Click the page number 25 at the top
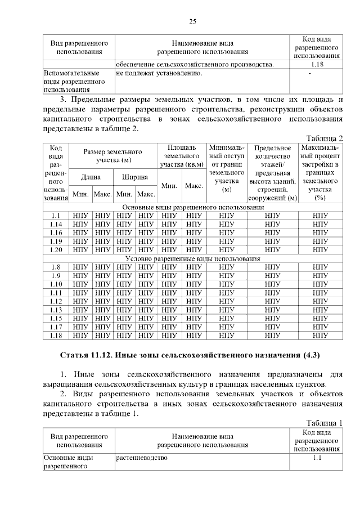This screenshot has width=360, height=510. tap(192, 22)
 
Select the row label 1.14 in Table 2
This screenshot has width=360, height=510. tap(55, 224)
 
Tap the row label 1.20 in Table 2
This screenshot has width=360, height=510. tap(55, 249)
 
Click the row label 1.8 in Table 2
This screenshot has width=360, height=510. tap(55, 267)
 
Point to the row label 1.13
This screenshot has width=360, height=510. tap(55, 310)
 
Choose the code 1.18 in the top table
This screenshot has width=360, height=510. tap(316, 65)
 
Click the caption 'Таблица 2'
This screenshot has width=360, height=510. tap(324, 138)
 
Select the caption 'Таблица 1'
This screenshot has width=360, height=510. tap(324, 423)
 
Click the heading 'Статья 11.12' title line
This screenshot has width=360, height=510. tap(190, 355)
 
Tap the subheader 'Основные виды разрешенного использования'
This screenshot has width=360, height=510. tap(193, 207)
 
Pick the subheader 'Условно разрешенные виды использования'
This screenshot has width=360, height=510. tap(193, 258)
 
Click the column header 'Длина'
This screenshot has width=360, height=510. tap(91, 177)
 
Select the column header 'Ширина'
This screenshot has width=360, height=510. tap(135, 177)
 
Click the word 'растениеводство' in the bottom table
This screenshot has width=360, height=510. tap(142, 458)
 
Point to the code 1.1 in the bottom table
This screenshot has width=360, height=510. tap(316, 458)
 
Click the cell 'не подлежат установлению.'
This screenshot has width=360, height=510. tap(159, 73)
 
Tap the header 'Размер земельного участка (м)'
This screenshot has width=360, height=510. tap(112, 156)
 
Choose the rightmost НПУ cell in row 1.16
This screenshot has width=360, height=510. tap(320, 232)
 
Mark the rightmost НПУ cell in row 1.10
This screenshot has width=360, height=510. tap(320, 284)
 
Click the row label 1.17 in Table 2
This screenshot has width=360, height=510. tap(55, 326)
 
